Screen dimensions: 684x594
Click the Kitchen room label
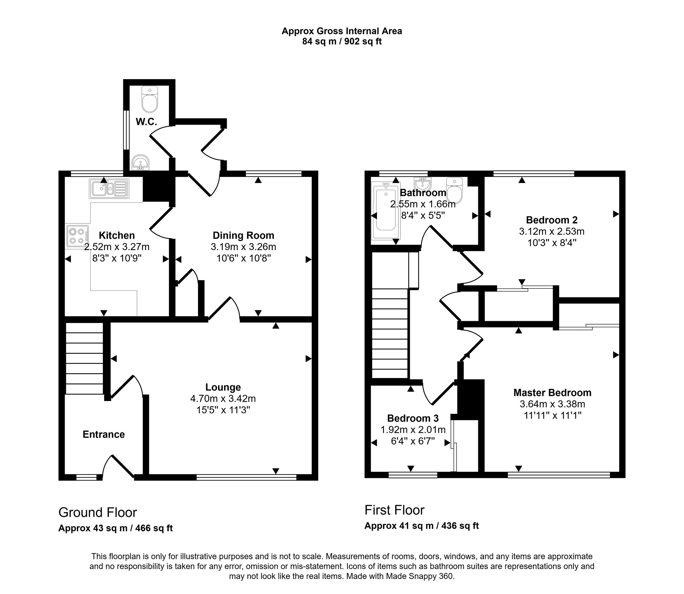click(117, 235)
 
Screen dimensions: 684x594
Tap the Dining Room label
click(243, 235)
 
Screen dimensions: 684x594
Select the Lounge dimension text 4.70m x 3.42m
click(223, 399)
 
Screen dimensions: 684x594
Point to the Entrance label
click(104, 434)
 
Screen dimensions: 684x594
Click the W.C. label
click(146, 122)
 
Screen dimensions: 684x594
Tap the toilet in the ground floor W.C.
click(150, 99)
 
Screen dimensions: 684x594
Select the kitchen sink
click(109, 189)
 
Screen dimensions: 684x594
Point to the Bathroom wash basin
click(423, 183)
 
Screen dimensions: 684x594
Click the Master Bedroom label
click(552, 393)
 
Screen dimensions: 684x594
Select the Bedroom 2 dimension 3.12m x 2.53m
click(552, 231)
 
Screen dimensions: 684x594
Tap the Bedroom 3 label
click(413, 418)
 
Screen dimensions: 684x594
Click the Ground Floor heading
click(98, 512)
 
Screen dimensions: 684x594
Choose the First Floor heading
click(394, 510)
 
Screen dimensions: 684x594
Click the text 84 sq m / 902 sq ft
click(342, 41)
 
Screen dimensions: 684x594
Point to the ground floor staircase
click(84, 358)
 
